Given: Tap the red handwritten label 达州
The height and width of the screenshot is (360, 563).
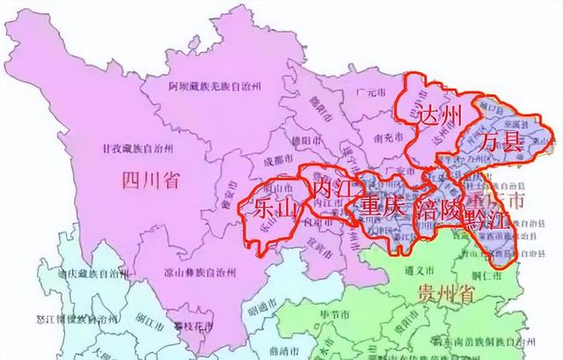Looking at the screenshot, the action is click(437, 114).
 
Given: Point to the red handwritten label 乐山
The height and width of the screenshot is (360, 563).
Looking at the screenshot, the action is click(271, 208).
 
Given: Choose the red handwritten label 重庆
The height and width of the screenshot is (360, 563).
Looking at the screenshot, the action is click(380, 209).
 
